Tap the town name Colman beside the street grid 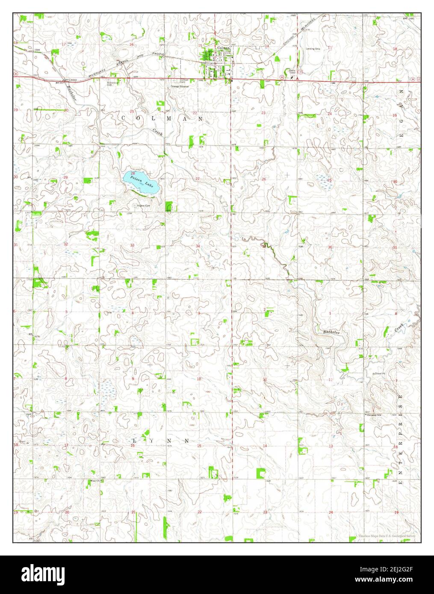point(224,48)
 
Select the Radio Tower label point(292,71)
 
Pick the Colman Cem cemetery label point(184,81)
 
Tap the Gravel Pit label point(379,374)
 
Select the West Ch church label point(94,481)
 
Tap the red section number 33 point(132,245)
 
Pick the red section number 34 point(198,246)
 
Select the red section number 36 point(330,247)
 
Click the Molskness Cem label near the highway point(112,83)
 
